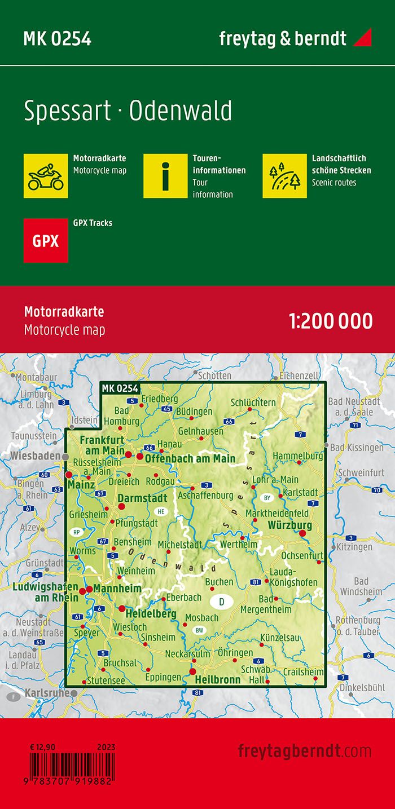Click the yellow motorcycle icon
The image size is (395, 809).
[x=46, y=175]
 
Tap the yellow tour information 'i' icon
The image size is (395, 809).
[x=165, y=175]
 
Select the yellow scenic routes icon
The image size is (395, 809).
[x=284, y=175]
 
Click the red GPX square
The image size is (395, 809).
[x=46, y=241]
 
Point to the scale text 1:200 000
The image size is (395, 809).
[x=331, y=321]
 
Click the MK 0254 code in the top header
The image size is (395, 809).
[x=57, y=39]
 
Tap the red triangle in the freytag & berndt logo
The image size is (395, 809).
[x=362, y=39]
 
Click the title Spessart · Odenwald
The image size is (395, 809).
[x=128, y=111]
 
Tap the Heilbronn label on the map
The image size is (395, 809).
[x=217, y=679]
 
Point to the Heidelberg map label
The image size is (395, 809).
[x=151, y=614]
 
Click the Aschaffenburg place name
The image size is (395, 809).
[x=205, y=495]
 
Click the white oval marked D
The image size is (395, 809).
[x=221, y=602]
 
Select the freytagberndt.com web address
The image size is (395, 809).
[x=305, y=751]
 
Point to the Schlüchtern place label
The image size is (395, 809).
[x=253, y=403]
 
